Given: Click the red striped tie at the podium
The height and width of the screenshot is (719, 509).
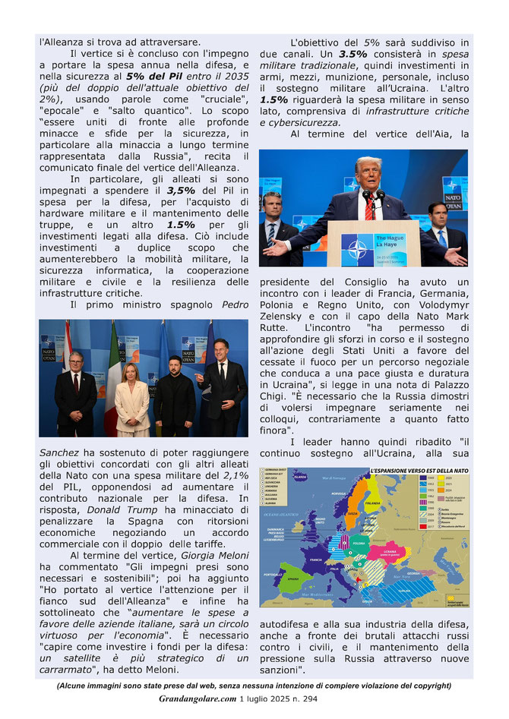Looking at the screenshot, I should (368, 207).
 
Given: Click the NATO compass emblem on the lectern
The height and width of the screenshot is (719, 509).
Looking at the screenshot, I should (356, 248).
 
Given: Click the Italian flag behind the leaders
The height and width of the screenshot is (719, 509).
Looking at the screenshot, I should (113, 372).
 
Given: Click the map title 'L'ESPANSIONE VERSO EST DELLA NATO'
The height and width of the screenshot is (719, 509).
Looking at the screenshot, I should (418, 471).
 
